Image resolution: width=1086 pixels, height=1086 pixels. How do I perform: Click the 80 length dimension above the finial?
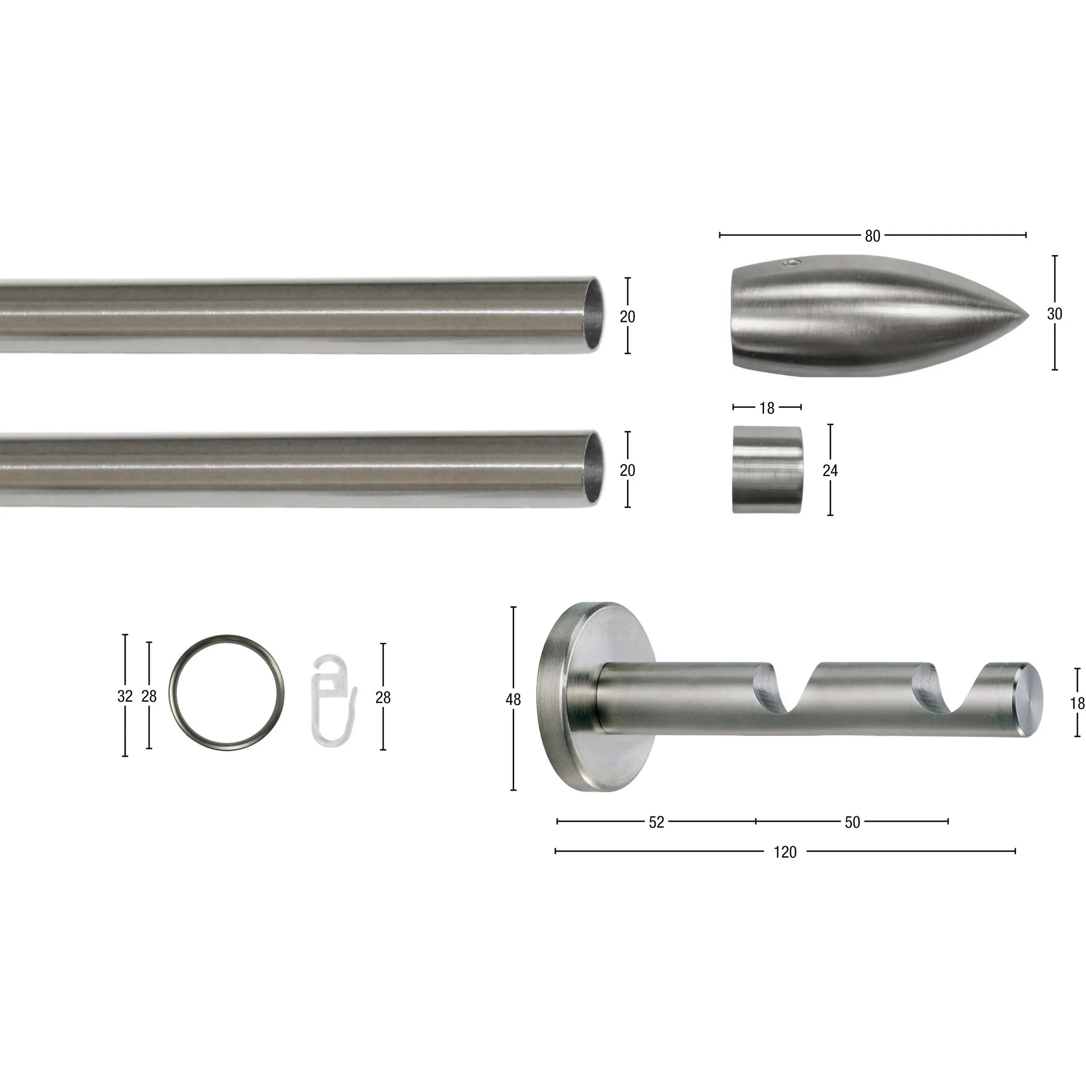click(872, 236)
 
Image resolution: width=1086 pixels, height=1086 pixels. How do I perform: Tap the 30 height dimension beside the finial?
click(1055, 314)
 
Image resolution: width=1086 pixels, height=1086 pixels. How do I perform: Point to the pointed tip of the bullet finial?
click(1028, 316)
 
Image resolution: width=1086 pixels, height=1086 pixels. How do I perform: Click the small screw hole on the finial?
click(792, 262)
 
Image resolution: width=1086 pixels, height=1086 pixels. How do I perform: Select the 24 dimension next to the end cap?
click(830, 470)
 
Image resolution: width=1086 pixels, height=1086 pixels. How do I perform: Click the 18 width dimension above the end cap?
click(767, 408)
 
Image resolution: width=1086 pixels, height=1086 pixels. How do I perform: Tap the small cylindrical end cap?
click(768, 469)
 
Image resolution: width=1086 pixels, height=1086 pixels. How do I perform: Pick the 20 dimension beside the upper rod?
click(627, 317)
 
